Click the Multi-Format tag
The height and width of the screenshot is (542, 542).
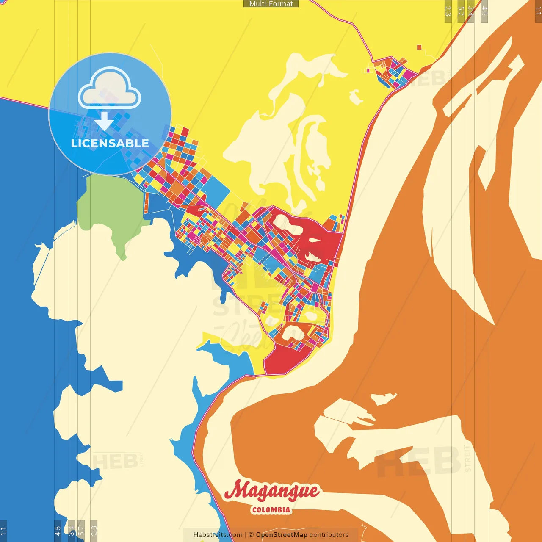271,4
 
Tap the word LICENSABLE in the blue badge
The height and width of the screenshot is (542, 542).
110,144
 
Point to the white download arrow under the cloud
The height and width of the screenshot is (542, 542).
104,121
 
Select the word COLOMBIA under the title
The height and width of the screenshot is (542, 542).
271,510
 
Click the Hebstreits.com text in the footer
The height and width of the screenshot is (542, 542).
218,535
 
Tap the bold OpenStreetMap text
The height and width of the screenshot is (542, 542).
282,535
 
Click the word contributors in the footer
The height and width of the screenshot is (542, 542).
329,535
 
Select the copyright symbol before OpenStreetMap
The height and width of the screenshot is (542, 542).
251,535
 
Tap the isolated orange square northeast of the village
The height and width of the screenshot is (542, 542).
419,47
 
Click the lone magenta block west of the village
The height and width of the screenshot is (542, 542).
368,70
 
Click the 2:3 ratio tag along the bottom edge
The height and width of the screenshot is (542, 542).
94,531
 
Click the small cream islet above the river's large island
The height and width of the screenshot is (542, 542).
383,398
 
